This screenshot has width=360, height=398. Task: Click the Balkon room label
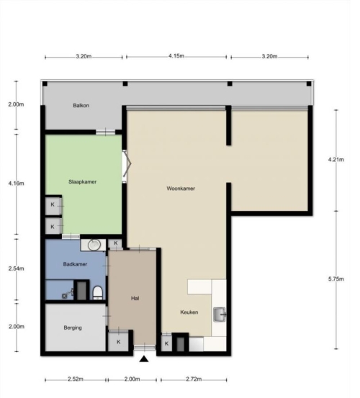coord(81,105)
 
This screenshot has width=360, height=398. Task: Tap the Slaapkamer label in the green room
coord(83,182)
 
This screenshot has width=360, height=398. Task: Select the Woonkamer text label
coord(181,189)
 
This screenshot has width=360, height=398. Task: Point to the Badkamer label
coord(75,264)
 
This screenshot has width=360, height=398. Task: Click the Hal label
coord(135,298)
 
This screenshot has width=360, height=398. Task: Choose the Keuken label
coord(189,312)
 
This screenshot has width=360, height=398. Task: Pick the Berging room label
coord(73,327)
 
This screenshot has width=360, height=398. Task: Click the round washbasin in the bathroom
coord(94,245)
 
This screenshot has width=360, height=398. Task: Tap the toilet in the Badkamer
coord(98,293)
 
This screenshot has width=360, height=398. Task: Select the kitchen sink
coord(220,315)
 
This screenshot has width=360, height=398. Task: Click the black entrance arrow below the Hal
coord(144,358)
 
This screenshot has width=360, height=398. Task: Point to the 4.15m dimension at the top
coord(176,56)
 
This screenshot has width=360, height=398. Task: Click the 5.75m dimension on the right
coord(336,279)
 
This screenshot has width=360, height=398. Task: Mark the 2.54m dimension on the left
coord(17,268)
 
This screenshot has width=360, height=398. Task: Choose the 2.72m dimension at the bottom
coord(194,379)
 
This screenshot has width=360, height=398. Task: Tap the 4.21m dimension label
coord(336,159)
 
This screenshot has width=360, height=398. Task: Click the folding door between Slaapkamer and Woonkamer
coord(126,166)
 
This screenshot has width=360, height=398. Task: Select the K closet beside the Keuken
coord(166,344)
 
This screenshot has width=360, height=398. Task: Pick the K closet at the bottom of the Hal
coord(119,342)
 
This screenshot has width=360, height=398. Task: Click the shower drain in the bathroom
coord(65,296)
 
